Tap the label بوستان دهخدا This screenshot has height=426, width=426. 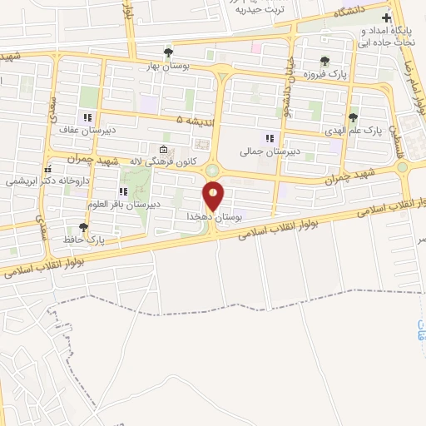(x=213, y=215)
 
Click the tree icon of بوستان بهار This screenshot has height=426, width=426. (x=169, y=51)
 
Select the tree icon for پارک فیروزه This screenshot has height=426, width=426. (x=324, y=60)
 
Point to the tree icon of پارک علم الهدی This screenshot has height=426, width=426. (x=354, y=116)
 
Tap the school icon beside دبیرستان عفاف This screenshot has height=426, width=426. (x=87, y=117)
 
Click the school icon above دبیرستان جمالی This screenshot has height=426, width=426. (x=269, y=138)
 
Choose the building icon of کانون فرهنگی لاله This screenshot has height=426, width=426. (x=162, y=150)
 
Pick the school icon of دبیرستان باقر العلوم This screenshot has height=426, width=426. (x=123, y=191)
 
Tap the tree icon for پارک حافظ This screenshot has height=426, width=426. (x=82, y=226)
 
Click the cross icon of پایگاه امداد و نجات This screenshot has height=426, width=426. (x=384, y=18)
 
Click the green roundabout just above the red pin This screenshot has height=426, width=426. (x=213, y=170)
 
